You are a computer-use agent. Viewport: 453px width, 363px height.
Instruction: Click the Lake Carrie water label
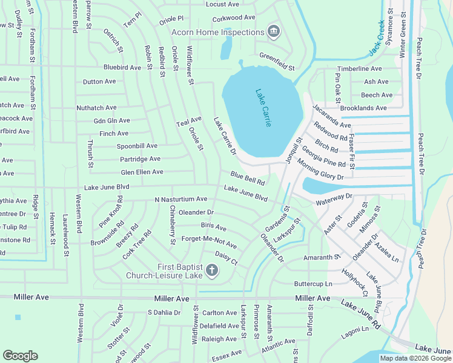263,108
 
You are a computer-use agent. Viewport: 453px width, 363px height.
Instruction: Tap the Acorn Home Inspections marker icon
273,31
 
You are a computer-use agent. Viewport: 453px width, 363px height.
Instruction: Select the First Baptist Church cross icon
212,270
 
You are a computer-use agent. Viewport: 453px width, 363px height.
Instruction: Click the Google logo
20,356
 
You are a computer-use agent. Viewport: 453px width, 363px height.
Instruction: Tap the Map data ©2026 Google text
415,358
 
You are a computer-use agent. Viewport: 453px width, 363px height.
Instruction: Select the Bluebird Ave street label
122,68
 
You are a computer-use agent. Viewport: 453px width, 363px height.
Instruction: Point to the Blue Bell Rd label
247,178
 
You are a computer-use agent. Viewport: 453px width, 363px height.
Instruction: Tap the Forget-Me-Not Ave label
209,242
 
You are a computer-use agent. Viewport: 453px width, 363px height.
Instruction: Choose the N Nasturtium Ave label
180,199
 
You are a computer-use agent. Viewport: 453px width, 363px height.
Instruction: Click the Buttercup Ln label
313,284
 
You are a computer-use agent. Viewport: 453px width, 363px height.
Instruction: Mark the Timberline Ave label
359,69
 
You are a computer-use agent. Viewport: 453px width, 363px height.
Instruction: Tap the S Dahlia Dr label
164,313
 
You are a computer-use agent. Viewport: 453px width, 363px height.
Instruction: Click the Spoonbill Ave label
128,146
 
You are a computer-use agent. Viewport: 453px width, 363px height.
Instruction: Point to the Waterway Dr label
334,197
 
